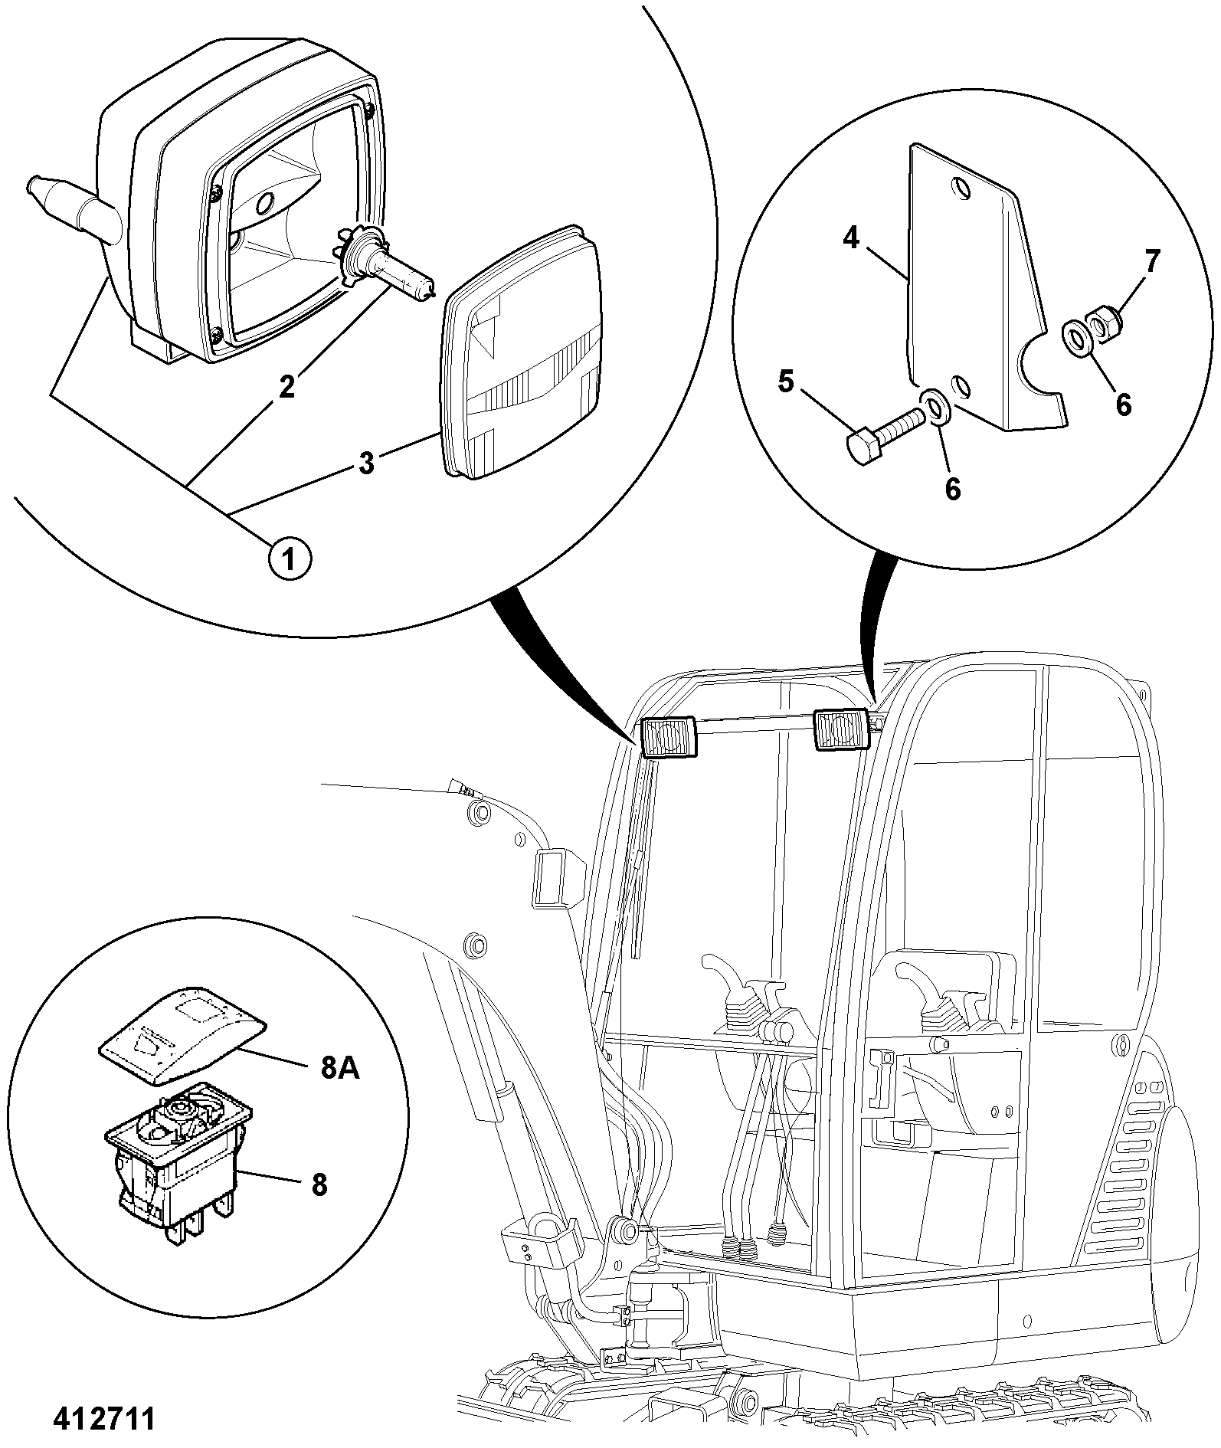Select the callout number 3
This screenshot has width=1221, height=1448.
367,463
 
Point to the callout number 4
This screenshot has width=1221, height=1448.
851,238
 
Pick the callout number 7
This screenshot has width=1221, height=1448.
1152,261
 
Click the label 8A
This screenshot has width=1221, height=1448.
339,1067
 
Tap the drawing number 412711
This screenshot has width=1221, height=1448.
103,1418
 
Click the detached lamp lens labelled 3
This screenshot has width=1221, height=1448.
522,352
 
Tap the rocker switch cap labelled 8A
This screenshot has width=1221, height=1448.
182,1037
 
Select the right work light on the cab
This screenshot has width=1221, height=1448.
840,729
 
